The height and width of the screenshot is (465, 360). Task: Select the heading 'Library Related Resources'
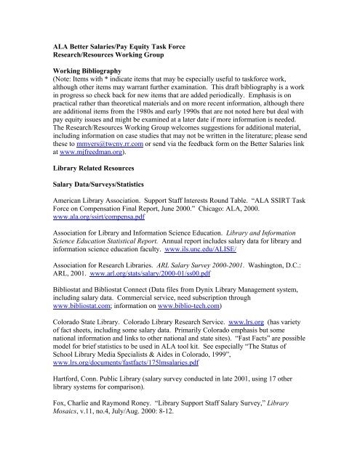click(x=97, y=199)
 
